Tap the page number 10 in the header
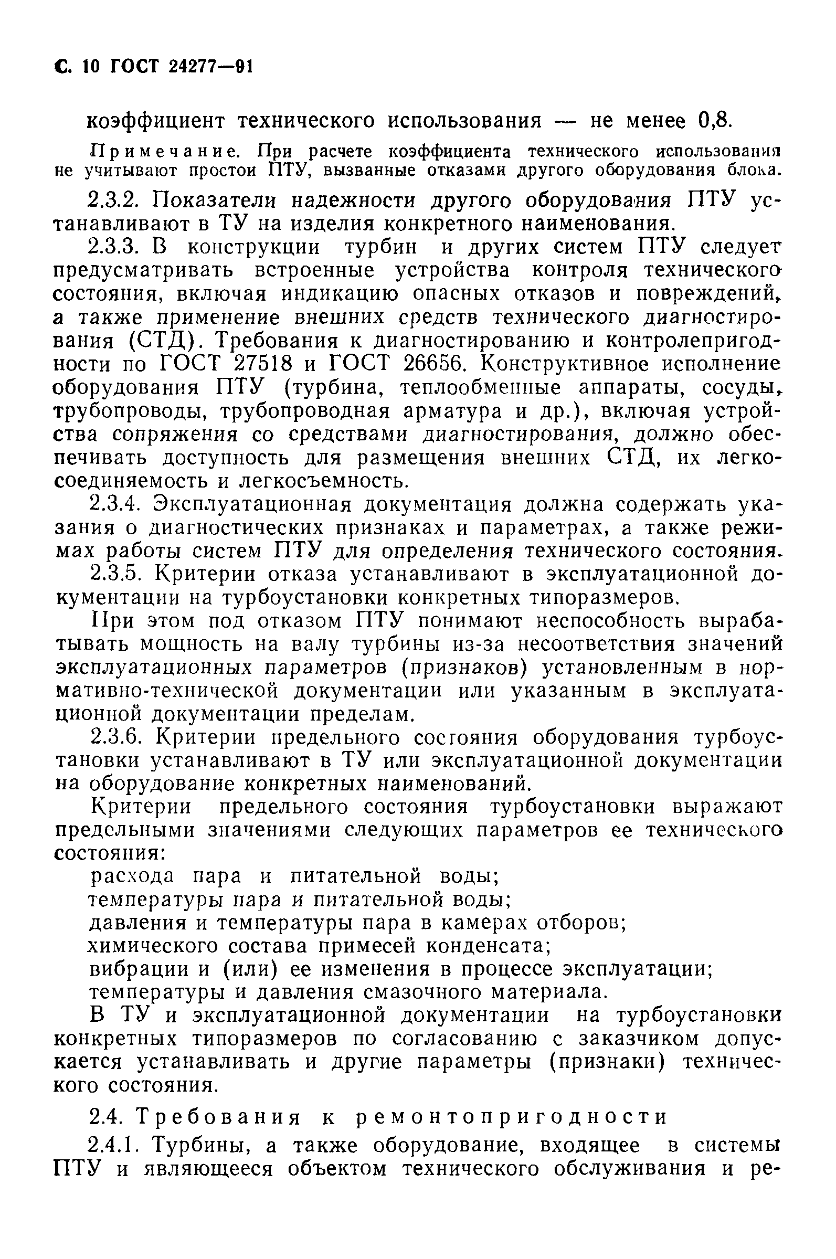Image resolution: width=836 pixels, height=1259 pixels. click(91, 67)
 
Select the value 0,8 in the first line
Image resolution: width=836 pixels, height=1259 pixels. click(713, 121)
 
